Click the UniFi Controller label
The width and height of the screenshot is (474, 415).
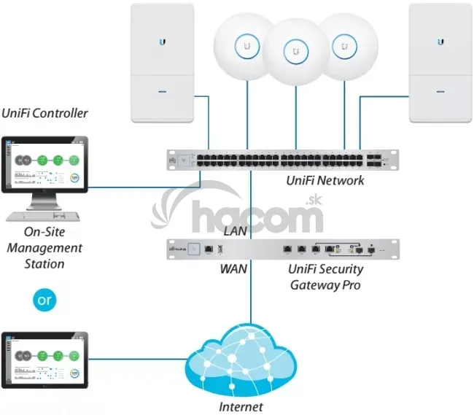pyautogui.click(x=44, y=113)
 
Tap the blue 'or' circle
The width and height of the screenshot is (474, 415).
pyautogui.click(x=44, y=299)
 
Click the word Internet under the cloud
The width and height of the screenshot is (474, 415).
pyautogui.click(x=241, y=407)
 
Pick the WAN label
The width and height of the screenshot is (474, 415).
pyautogui.click(x=233, y=269)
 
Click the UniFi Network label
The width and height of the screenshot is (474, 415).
pyautogui.click(x=326, y=180)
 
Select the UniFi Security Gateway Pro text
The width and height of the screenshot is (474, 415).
pyautogui.click(x=326, y=277)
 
